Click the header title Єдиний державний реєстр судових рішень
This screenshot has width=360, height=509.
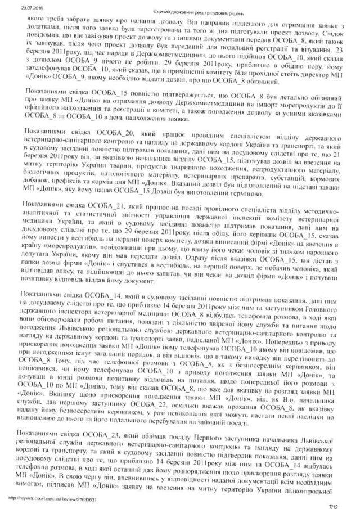(179, 12)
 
